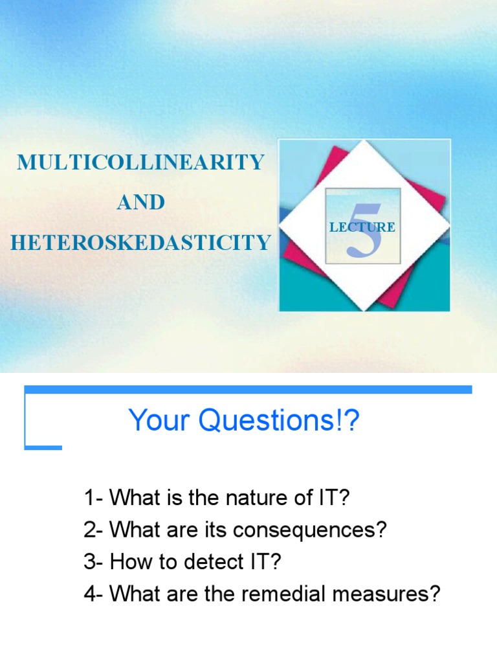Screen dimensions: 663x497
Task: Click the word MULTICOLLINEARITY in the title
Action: [140, 162]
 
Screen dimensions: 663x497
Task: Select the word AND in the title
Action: [140, 202]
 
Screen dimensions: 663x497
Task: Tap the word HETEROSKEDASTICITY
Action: [140, 243]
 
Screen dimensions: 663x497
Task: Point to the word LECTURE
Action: [362, 227]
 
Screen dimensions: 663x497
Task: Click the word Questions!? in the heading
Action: [279, 421]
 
